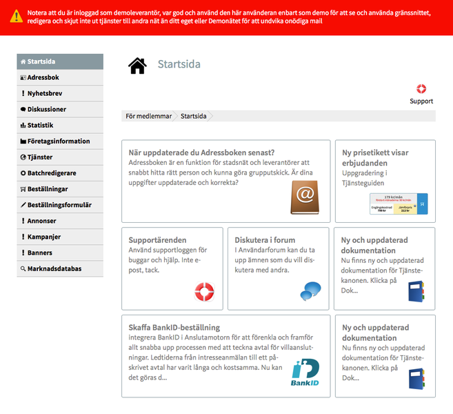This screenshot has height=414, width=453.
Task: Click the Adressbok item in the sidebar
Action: [x=43, y=77]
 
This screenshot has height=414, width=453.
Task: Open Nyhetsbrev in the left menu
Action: [x=45, y=93]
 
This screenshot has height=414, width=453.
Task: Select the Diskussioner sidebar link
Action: [x=46, y=109]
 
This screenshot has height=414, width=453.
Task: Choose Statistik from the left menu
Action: [x=40, y=125]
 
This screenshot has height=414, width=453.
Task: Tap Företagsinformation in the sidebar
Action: [x=58, y=141]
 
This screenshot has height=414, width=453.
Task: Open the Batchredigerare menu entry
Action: [x=51, y=172]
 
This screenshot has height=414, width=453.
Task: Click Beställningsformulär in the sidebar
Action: [x=59, y=205]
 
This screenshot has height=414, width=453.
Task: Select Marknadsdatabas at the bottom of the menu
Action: [x=54, y=268]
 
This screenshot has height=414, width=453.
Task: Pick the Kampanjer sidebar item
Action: [x=44, y=237]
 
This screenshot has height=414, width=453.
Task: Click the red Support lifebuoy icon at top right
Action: [x=421, y=89]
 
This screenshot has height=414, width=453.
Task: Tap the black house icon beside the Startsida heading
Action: [x=137, y=66]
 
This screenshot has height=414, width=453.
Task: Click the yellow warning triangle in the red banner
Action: [x=15, y=17]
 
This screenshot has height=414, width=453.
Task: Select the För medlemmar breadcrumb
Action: [x=148, y=116]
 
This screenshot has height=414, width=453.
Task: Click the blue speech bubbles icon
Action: [x=310, y=291]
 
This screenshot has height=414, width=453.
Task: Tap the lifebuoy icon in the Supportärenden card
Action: [x=205, y=291]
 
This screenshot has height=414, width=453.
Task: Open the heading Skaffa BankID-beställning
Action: [x=174, y=327]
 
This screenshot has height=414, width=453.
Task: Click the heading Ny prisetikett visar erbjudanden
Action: [x=375, y=158]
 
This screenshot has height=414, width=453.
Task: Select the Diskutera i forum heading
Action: [x=265, y=240]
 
